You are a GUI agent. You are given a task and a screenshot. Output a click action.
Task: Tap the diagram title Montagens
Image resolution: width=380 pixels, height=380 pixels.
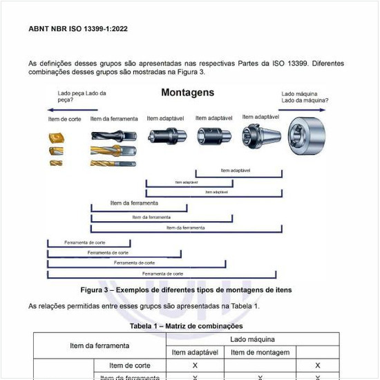click(187, 93)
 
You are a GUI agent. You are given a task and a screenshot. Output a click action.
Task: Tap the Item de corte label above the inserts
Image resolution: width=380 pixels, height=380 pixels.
click(64, 120)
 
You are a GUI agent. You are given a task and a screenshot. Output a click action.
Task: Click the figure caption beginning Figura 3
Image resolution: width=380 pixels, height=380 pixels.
click(187, 289)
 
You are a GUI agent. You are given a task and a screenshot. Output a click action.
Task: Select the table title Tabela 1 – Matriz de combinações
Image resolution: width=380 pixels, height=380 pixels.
click(186, 325)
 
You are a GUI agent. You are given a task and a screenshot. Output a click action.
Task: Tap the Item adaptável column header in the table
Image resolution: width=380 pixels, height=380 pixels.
click(196, 352)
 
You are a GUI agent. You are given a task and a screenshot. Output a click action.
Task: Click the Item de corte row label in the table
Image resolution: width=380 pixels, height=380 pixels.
click(130, 365)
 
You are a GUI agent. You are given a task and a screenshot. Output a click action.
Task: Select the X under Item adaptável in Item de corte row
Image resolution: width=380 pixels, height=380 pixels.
click(196, 365)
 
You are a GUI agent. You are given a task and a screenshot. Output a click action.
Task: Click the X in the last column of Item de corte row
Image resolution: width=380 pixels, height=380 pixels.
click(317, 365)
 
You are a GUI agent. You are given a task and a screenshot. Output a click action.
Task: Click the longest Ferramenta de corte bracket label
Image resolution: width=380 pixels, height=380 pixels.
click(162, 274)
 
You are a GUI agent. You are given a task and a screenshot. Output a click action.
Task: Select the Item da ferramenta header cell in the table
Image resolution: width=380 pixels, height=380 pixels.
click(99, 345)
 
